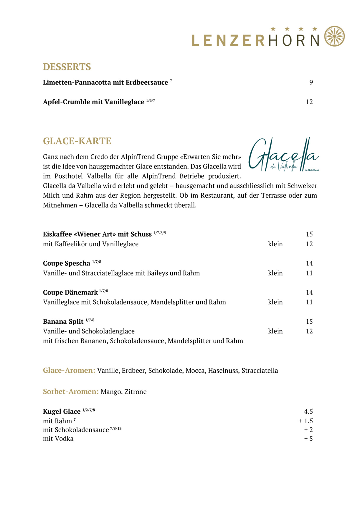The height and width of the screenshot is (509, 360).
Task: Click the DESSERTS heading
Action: coord(67,67)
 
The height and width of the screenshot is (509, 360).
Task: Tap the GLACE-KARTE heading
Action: coord(77,141)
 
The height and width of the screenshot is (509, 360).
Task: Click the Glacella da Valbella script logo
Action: coord(283,155)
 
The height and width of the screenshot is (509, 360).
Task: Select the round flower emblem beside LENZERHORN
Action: coord(335,36)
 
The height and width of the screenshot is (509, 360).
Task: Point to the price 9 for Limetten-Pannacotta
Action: coord(311,82)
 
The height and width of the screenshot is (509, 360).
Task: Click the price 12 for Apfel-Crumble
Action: coord(309,102)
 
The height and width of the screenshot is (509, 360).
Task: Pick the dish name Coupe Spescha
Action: coord(67,263)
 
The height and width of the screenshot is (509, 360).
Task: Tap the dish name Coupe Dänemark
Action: coord(70,292)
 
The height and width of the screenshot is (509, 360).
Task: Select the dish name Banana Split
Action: coord(63,322)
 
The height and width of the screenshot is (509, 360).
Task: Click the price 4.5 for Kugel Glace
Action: coord(308,412)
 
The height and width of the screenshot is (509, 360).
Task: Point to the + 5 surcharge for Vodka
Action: coord(308,439)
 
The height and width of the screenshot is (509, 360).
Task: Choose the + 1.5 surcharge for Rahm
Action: coord(306,421)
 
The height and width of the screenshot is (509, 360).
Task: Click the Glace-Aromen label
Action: coord(69,371)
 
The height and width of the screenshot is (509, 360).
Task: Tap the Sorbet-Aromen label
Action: coord(71,392)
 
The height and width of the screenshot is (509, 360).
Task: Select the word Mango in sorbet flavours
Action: coord(111,392)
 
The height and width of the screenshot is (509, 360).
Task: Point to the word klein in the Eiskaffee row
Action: coord(275,244)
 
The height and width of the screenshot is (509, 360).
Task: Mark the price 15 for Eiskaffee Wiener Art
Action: coord(309,234)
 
